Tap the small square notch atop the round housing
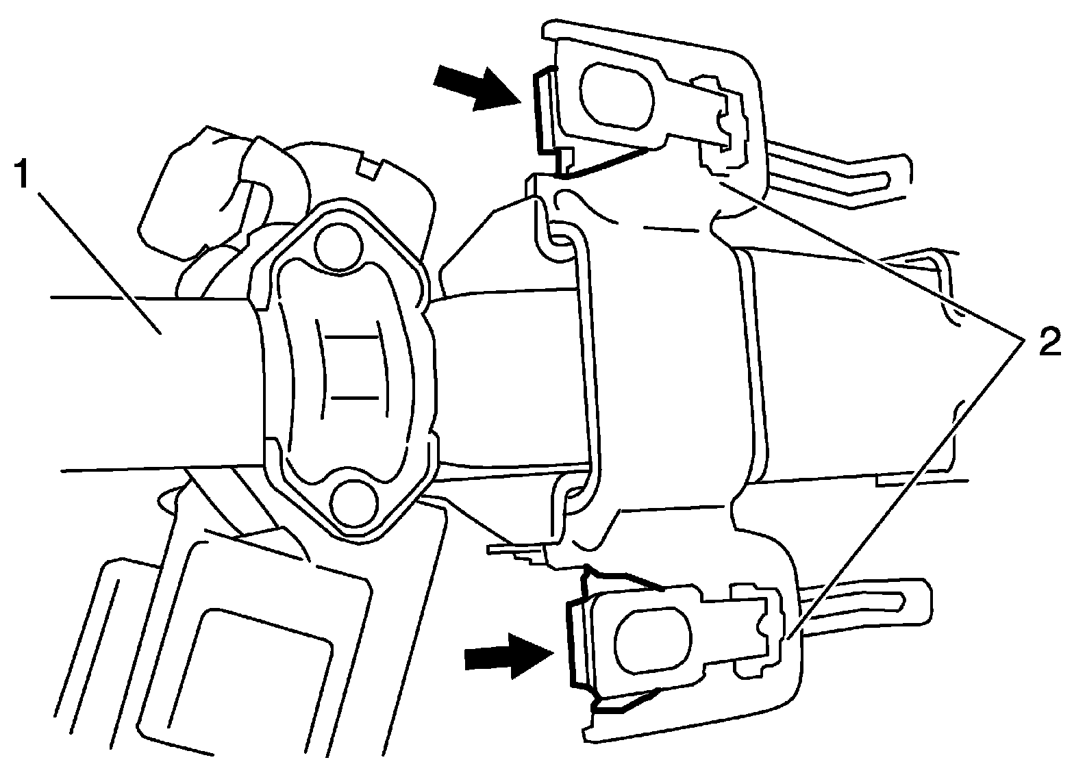pyautogui.click(x=371, y=168)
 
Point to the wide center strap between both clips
pyautogui.click(x=664, y=370)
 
